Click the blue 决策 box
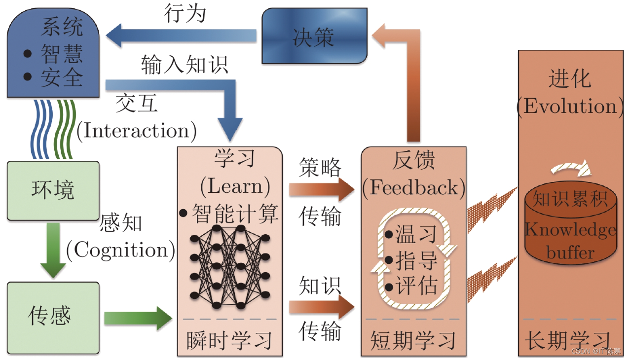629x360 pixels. click(x=315, y=36)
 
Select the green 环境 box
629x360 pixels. click(x=53, y=190)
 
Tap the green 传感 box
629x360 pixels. click(x=53, y=318)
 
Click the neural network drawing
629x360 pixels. click(x=230, y=267)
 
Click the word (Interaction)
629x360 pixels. click(x=137, y=131)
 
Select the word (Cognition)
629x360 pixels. click(x=121, y=251)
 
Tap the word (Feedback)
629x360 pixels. click(x=413, y=188)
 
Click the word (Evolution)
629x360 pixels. click(x=570, y=107)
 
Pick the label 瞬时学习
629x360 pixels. click(x=229, y=341)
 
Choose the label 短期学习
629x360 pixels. click(x=413, y=341)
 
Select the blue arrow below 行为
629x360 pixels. click(x=181, y=36)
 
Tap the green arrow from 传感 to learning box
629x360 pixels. click(x=138, y=318)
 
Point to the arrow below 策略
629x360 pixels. click(x=322, y=189)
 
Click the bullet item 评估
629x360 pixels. click(x=411, y=286)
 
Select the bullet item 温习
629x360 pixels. click(x=411, y=234)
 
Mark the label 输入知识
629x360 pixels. click(x=185, y=65)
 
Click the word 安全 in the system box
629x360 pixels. click(x=62, y=77)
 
